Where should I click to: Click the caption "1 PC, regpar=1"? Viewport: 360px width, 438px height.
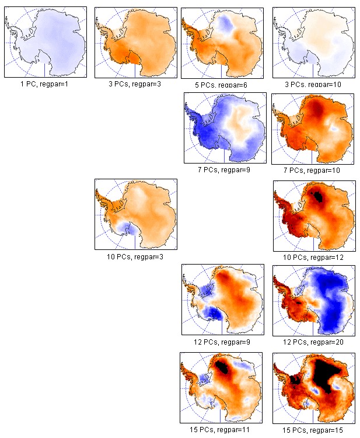(45, 84)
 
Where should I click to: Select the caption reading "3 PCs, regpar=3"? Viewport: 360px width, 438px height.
(135, 84)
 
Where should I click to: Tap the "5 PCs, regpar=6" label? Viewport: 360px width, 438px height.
(224, 85)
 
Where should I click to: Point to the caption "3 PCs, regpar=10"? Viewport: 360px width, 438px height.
(314, 85)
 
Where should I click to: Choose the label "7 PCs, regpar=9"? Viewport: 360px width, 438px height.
(225, 169)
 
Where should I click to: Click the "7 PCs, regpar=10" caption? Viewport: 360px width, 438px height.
(314, 169)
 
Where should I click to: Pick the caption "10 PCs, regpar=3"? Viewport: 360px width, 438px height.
(135, 256)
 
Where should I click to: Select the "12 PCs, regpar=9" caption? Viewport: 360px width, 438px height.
(225, 342)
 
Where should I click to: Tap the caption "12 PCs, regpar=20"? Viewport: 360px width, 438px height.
(314, 342)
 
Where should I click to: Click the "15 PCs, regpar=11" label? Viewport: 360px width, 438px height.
(224, 428)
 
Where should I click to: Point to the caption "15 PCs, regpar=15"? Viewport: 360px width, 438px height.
(314, 428)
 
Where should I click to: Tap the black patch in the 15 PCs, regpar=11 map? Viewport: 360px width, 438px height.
(224, 367)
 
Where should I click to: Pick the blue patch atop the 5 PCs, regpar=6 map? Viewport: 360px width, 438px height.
(228, 23)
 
